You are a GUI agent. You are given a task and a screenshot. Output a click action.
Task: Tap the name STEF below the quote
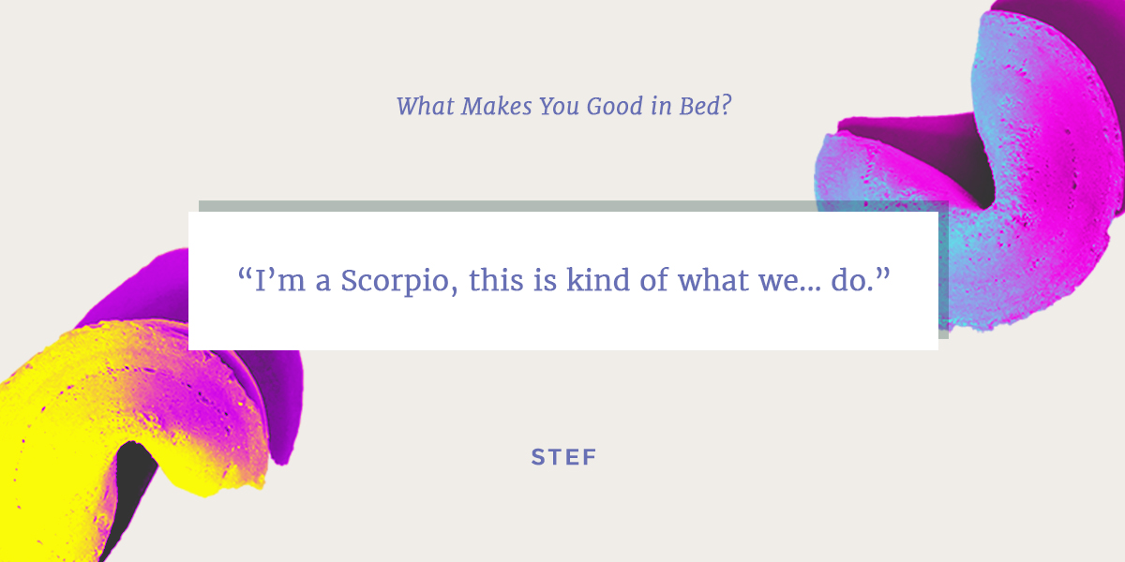pyautogui.click(x=564, y=457)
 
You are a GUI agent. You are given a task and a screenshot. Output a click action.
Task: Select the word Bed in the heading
pyautogui.click(x=699, y=106)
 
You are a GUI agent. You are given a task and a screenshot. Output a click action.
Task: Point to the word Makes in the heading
pyautogui.click(x=496, y=106)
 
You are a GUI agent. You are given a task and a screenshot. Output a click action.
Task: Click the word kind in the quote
pyautogui.click(x=598, y=280)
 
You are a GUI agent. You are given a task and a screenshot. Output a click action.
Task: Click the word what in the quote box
pyautogui.click(x=713, y=280)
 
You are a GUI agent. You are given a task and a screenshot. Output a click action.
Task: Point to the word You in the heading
pyautogui.click(x=559, y=106)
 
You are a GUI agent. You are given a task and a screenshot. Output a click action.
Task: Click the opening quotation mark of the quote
pyautogui.click(x=245, y=274)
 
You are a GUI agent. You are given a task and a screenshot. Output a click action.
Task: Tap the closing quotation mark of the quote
pyautogui.click(x=883, y=274)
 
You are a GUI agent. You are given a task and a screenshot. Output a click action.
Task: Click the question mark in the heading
pyautogui.click(x=726, y=106)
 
